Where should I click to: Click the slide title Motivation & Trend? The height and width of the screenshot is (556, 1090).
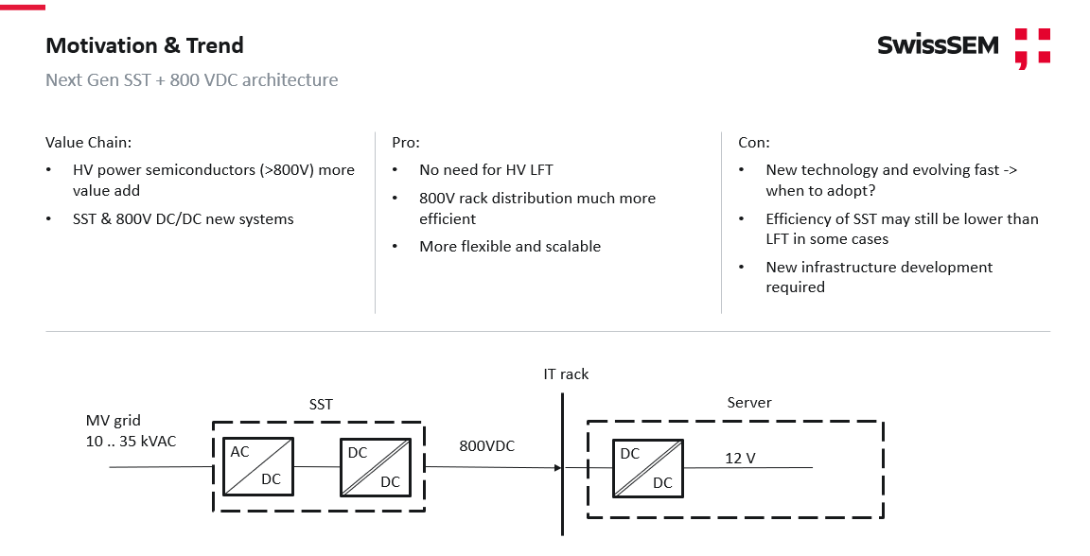point(145,45)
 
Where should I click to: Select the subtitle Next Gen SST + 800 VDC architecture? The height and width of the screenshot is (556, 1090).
point(191,80)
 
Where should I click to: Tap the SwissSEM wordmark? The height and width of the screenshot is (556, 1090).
point(937,45)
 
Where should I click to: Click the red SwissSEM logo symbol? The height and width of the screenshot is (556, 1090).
point(1032,48)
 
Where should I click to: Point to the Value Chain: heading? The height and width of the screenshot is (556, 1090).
point(89,143)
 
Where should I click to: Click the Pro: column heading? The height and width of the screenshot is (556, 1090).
point(406,143)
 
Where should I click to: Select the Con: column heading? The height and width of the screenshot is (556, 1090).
point(754,143)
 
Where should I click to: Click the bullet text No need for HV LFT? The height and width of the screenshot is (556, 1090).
point(486,170)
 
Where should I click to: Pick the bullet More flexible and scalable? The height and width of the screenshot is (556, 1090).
point(510,247)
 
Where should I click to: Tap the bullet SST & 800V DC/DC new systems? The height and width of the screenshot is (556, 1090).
point(184,219)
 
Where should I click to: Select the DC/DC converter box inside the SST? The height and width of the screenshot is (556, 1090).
point(375,466)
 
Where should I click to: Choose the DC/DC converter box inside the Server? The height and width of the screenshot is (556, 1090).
point(647,468)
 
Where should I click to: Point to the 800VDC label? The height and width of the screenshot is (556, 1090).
point(487,445)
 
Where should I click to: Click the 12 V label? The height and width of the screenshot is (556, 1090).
point(740,459)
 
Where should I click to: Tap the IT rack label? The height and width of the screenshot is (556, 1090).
point(566,374)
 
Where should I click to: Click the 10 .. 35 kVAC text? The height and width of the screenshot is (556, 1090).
point(131,441)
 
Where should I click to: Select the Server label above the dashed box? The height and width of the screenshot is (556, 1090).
point(749,403)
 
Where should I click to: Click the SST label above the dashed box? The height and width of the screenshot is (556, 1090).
point(321,405)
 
